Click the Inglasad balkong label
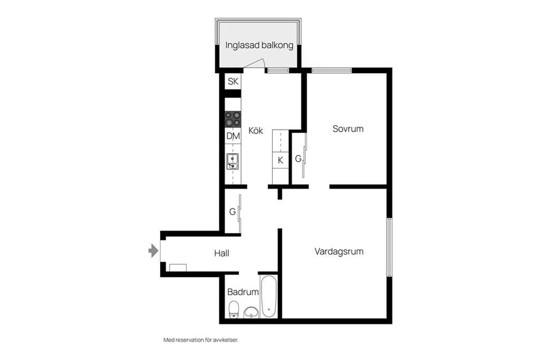coord(259,46)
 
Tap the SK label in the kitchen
coord(233,82)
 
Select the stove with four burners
coord(233,119)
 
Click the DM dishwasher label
coord(233,136)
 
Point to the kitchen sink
coord(232,162)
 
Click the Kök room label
coord(255,131)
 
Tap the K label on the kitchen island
coord(280,161)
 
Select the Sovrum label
coord(348,128)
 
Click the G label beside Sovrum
coord(298,159)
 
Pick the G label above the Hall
coord(232,212)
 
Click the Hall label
coord(221,254)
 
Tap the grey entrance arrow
coord(153,251)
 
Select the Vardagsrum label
coord(339,251)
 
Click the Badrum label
coord(243,292)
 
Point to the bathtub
coord(268,296)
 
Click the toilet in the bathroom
coord(234,309)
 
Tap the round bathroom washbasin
coord(251,312)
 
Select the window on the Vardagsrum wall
coord(389,246)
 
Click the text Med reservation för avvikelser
coord(205,340)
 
